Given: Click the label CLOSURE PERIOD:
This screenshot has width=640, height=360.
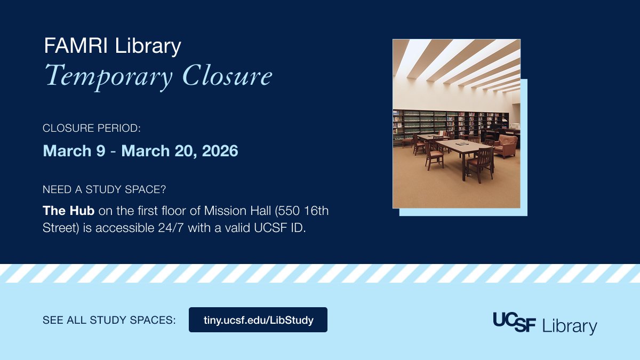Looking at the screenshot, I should click(91, 129).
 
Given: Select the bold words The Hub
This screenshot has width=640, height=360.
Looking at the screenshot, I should click(68, 211).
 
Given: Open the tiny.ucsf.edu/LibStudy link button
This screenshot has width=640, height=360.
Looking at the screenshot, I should click(258, 320).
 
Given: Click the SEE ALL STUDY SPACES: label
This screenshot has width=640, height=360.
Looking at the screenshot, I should click(109, 321).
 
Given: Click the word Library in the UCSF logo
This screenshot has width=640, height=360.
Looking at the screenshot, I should click(569, 326).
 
